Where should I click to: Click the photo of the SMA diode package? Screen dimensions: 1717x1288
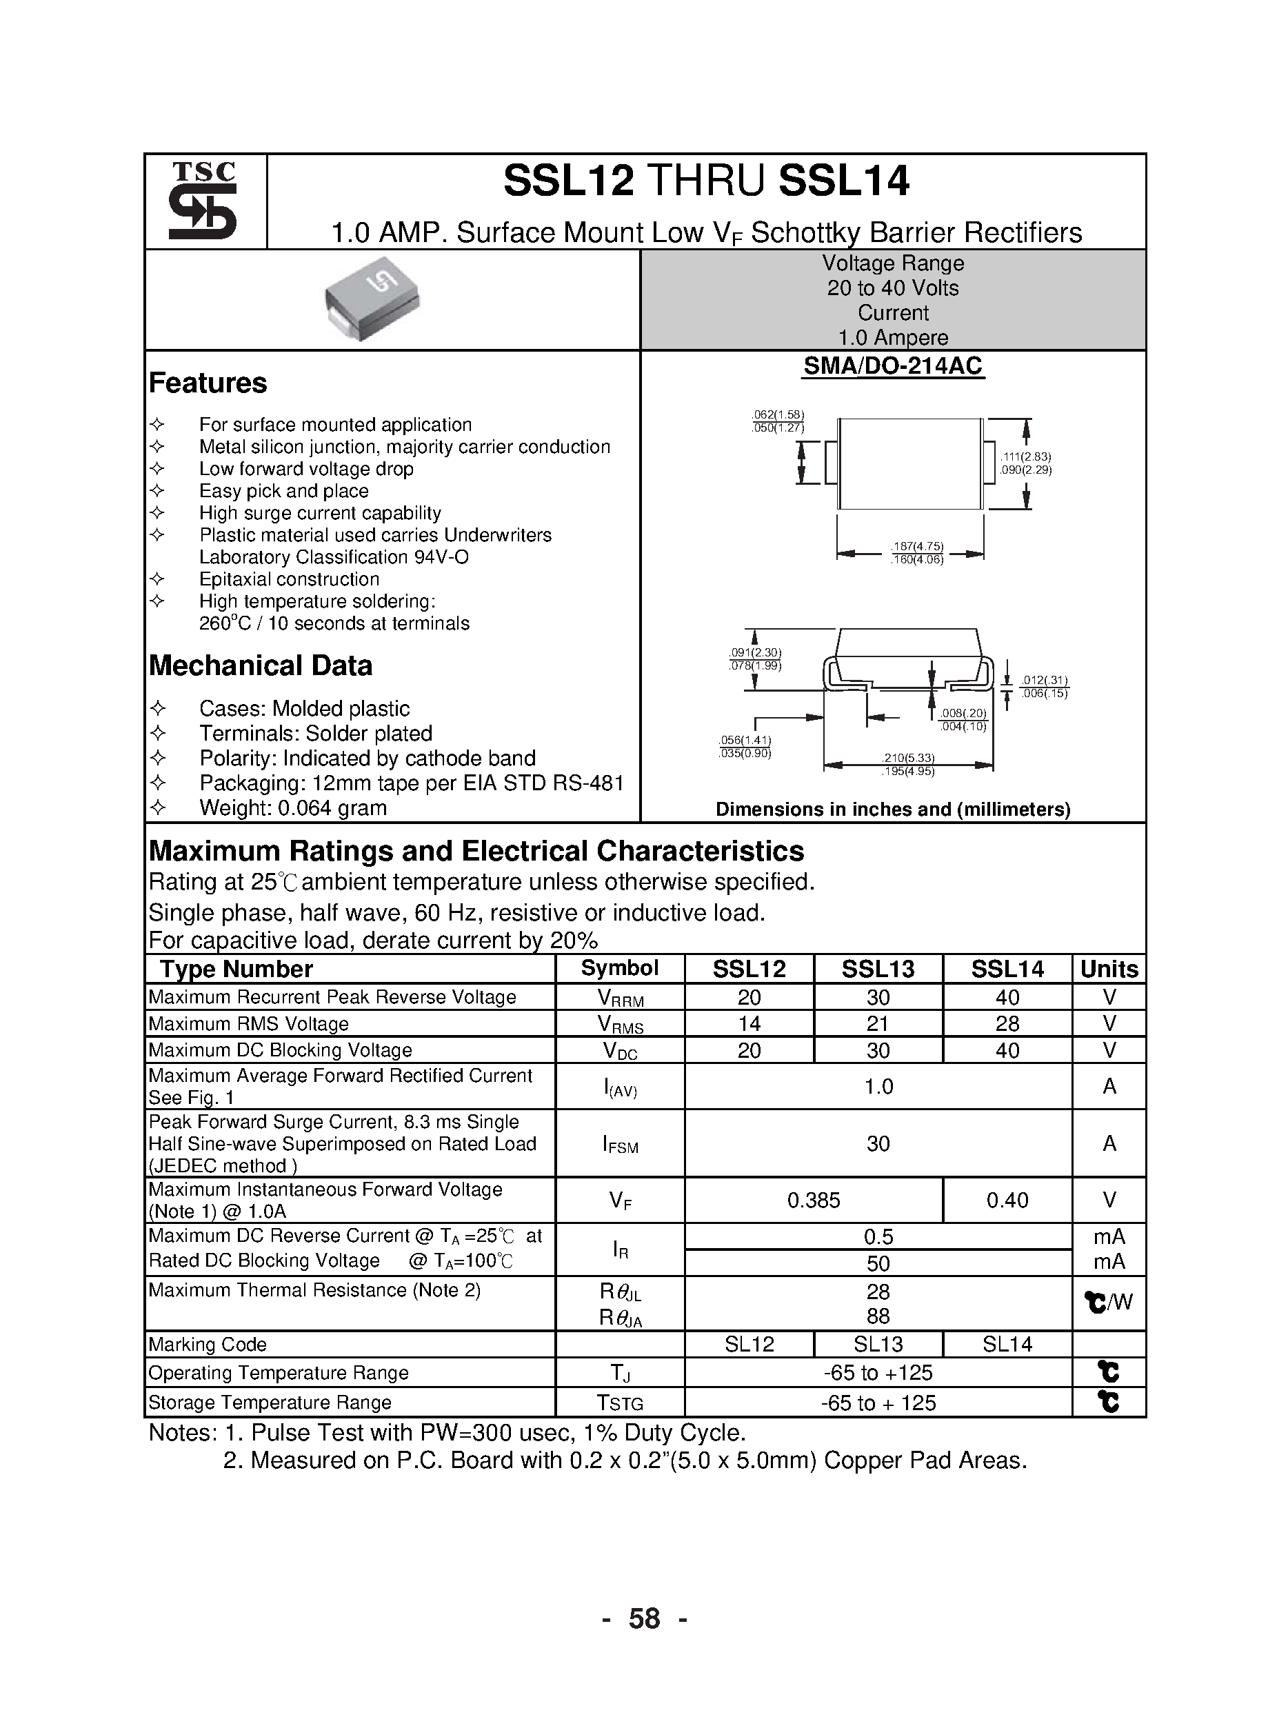(x=372, y=298)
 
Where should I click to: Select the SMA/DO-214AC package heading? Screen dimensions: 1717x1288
(x=892, y=365)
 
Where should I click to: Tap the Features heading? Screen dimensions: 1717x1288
(x=208, y=383)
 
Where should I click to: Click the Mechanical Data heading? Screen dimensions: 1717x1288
(x=260, y=665)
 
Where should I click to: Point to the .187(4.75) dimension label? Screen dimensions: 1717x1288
(x=918, y=546)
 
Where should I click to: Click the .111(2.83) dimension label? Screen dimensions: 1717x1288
(x=1025, y=456)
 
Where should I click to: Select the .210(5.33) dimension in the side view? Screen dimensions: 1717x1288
(x=907, y=758)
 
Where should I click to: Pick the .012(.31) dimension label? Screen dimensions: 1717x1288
(x=1044, y=681)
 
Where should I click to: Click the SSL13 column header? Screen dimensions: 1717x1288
(x=878, y=969)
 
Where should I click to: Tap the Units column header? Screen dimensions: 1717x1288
(x=1109, y=969)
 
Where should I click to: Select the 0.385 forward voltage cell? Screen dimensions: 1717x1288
(x=814, y=1200)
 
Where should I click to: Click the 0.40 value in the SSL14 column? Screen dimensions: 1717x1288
(x=1007, y=1200)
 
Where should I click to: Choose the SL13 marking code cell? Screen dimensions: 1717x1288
(x=878, y=1345)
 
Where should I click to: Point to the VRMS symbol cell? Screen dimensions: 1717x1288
(x=621, y=1024)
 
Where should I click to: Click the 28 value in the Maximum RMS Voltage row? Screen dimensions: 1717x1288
(x=1007, y=1023)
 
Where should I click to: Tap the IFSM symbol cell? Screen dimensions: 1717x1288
(x=621, y=1143)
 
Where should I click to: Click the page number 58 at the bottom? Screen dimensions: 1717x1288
(x=643, y=1618)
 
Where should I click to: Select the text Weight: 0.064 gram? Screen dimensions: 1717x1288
(x=292, y=807)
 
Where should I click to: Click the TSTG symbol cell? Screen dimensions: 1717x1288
(x=621, y=1403)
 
